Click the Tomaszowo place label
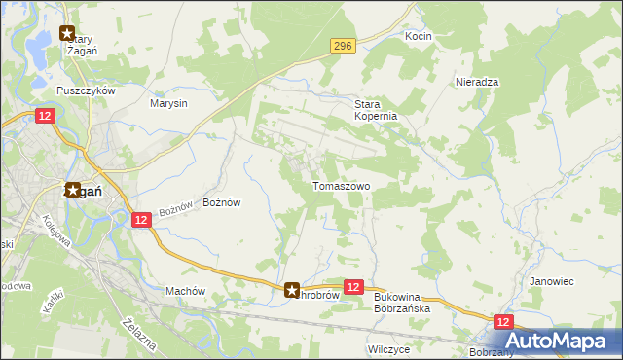coord(341,185)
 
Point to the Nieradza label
coord(477,82)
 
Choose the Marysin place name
coord(168,102)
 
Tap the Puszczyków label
coord(86,90)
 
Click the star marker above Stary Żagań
coord(67,33)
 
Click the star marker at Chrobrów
coord(292,289)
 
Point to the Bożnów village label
coord(221,202)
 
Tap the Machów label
coord(185,290)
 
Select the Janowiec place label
coord(551,280)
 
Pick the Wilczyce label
coord(388,347)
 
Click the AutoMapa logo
coord(557,342)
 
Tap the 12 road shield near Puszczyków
coord(45,116)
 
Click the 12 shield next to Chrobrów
coord(353,287)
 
